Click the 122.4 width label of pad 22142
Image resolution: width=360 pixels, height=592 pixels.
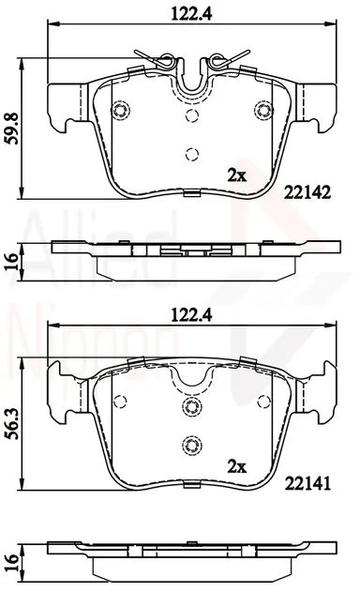pos(191,13)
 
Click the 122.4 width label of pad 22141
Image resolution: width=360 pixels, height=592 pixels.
pos(191,315)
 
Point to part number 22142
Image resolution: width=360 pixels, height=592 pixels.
pos(307,193)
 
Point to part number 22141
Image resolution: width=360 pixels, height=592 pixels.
pos(307,483)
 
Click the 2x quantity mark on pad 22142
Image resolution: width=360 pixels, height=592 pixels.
pos(236,175)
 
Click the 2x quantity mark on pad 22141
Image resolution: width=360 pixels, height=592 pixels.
pos(236,467)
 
